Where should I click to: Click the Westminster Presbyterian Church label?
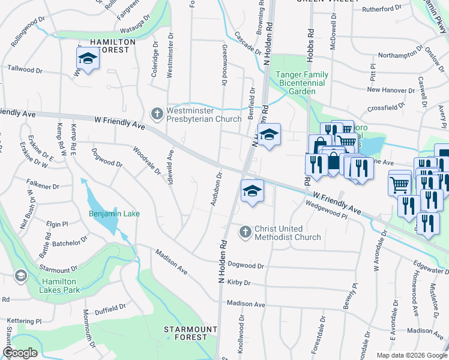click(203, 114)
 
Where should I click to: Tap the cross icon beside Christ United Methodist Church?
click(245, 232)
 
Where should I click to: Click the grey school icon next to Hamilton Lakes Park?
click(20, 276)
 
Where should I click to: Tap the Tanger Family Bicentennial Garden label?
click(300, 83)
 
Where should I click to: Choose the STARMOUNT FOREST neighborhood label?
click(186, 333)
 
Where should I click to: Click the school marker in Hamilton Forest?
click(88, 59)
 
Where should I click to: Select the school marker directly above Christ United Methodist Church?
click(252, 192)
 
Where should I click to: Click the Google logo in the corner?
click(20, 353)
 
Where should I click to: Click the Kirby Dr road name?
click(238, 282)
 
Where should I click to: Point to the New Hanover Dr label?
click(391, 90)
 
